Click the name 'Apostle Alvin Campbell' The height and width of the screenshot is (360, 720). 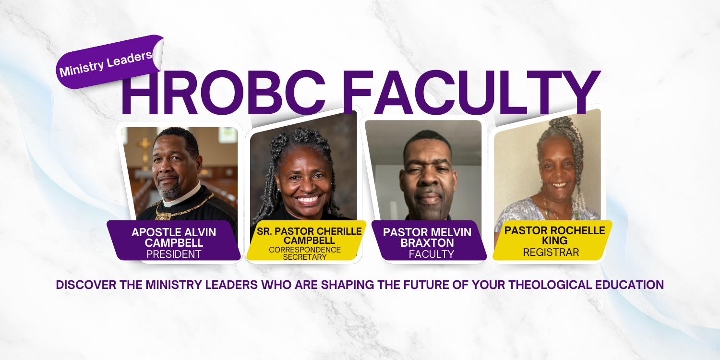click(174, 238)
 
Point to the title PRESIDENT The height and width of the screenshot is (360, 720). click(174, 254)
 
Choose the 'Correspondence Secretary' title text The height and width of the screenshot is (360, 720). click(305, 253)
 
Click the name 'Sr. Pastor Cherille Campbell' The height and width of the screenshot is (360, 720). click(309, 236)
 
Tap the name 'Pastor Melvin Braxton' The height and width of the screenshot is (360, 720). click(427, 238)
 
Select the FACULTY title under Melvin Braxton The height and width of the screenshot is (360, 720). click(431, 254)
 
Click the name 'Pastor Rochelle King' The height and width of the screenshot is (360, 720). click(554, 235)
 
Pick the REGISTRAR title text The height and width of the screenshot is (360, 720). click(551, 252)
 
